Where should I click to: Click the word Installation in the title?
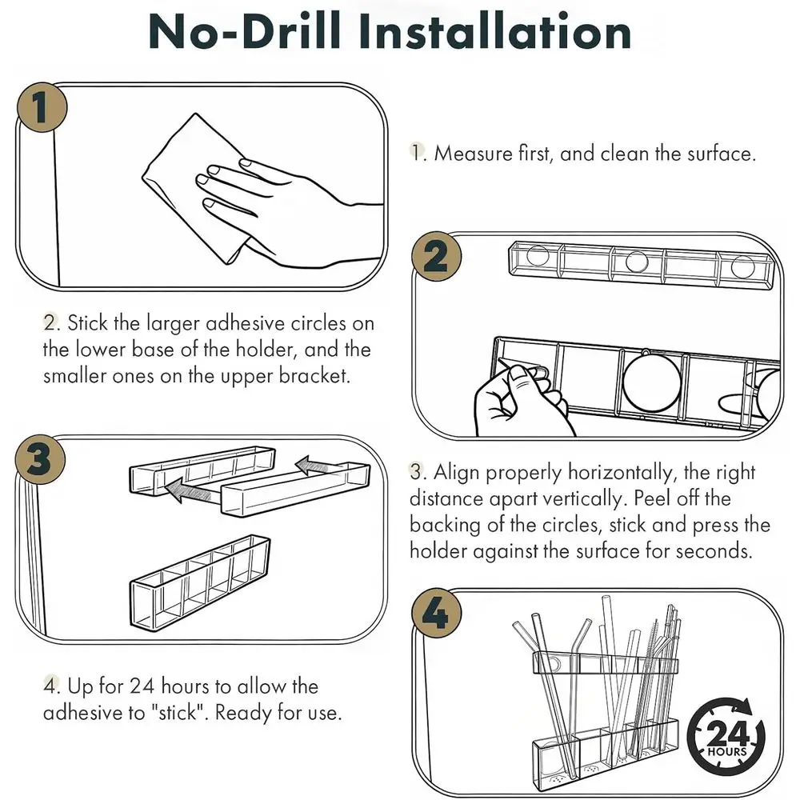tap(495, 32)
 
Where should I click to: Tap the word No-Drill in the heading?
tap(244, 32)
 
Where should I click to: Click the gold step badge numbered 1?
tap(42, 107)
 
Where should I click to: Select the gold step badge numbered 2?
tap(437, 257)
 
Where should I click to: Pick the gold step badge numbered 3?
tap(40, 460)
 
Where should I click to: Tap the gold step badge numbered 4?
tap(437, 614)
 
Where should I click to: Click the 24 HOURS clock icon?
tap(726, 736)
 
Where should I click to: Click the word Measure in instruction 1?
tap(473, 154)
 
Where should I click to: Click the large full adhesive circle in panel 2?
tap(652, 382)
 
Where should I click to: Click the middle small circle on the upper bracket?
tap(636, 262)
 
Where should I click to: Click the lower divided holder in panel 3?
tap(201, 582)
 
